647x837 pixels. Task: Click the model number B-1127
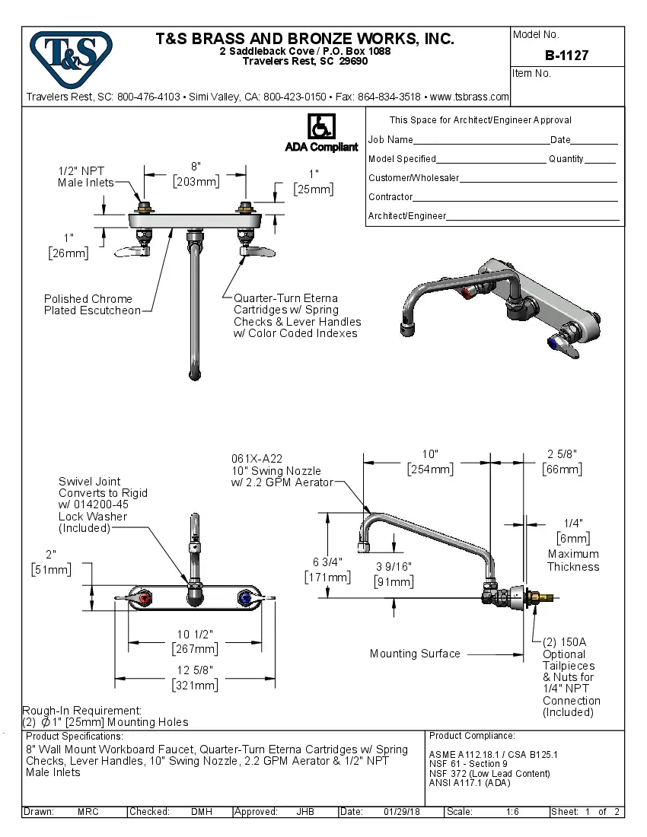click(x=566, y=56)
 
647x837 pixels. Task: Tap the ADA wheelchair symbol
click(x=320, y=126)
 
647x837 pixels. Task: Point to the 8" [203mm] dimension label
click(x=196, y=173)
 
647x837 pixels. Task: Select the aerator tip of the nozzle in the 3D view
click(x=409, y=329)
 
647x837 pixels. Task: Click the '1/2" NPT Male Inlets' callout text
click(x=86, y=177)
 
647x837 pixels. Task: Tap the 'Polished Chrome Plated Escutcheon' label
click(x=92, y=304)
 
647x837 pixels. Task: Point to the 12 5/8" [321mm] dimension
click(x=195, y=677)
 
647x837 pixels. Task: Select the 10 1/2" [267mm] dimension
click(x=195, y=641)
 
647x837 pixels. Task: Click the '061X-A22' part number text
click(x=257, y=459)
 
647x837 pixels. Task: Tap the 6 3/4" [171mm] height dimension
click(x=328, y=570)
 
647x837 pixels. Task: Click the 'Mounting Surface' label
click(x=415, y=654)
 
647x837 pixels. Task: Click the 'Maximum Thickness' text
click(x=573, y=560)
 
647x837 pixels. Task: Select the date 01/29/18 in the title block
click(x=402, y=812)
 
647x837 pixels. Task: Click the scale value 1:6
click(x=512, y=812)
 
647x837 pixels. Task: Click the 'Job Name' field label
click(x=390, y=140)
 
